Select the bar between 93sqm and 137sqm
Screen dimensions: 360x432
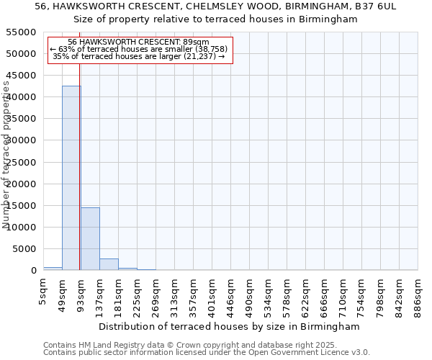point(90,238)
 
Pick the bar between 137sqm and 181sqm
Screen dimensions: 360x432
point(109,264)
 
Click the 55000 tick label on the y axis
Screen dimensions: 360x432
point(22,32)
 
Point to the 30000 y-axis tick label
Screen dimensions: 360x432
point(22,140)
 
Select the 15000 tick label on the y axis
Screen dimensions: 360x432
point(22,206)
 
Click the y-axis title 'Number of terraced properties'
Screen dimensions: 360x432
point(7,155)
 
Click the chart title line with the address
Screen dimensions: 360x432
point(216,6)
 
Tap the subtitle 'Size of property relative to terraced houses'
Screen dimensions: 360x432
point(216,19)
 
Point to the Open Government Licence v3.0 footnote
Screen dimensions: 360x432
point(206,353)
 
